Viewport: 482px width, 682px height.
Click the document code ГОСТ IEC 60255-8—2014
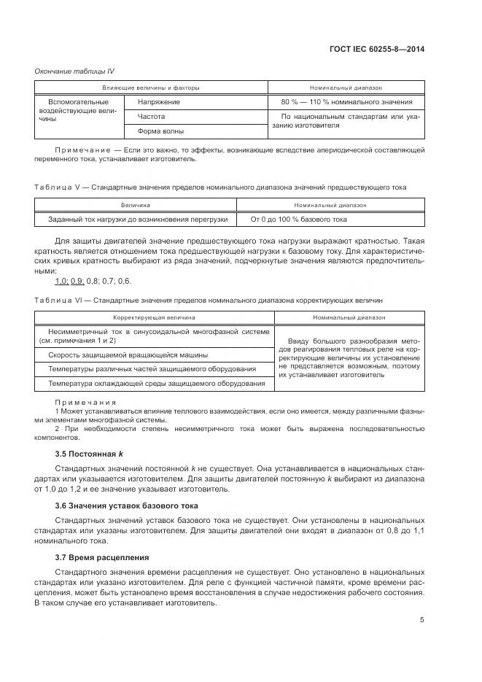[x=378, y=49]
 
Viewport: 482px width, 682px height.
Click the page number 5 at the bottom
[x=422, y=620]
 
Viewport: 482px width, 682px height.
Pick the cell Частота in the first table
[x=151, y=117]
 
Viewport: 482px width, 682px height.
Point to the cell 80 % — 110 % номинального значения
[x=347, y=102]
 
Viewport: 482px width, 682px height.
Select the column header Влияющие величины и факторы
[x=150, y=88]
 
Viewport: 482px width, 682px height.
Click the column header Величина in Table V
[x=135, y=206]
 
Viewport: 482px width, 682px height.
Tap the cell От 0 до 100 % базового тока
[x=299, y=219]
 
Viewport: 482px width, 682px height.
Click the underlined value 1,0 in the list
[x=61, y=282]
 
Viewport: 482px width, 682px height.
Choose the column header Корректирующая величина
[x=153, y=318]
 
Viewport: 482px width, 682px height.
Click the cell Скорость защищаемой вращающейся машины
[x=128, y=354]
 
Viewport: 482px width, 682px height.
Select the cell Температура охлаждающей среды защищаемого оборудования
[x=156, y=383]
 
